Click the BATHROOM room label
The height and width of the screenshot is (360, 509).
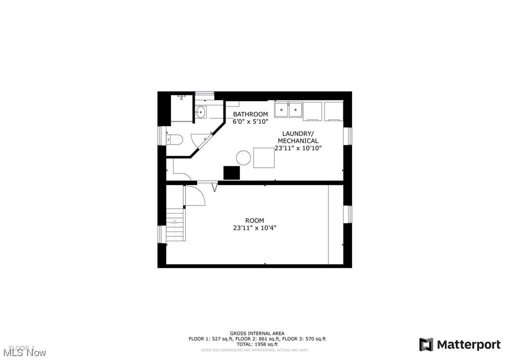[x=250, y=115]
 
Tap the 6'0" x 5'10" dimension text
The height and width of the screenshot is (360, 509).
[x=250, y=122]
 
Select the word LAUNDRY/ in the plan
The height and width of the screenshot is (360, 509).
[x=297, y=133]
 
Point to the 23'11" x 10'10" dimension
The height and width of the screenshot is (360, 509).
[x=297, y=148]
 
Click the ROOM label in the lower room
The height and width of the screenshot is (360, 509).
[x=254, y=220]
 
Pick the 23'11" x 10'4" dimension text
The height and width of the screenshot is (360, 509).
[x=254, y=228]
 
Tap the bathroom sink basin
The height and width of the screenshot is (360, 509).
[x=201, y=113]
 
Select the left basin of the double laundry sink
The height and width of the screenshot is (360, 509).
[x=282, y=110]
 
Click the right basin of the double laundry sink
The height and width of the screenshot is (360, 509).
[x=295, y=110]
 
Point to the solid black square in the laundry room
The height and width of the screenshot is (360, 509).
[x=231, y=173]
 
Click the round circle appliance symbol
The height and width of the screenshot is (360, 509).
[x=243, y=158]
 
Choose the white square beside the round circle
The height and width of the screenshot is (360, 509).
[x=264, y=158]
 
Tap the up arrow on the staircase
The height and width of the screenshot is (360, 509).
[x=175, y=222]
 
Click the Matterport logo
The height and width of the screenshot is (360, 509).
[x=460, y=345]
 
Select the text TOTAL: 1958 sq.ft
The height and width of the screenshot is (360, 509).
[x=257, y=344]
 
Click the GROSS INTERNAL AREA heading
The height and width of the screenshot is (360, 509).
[x=257, y=333]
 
